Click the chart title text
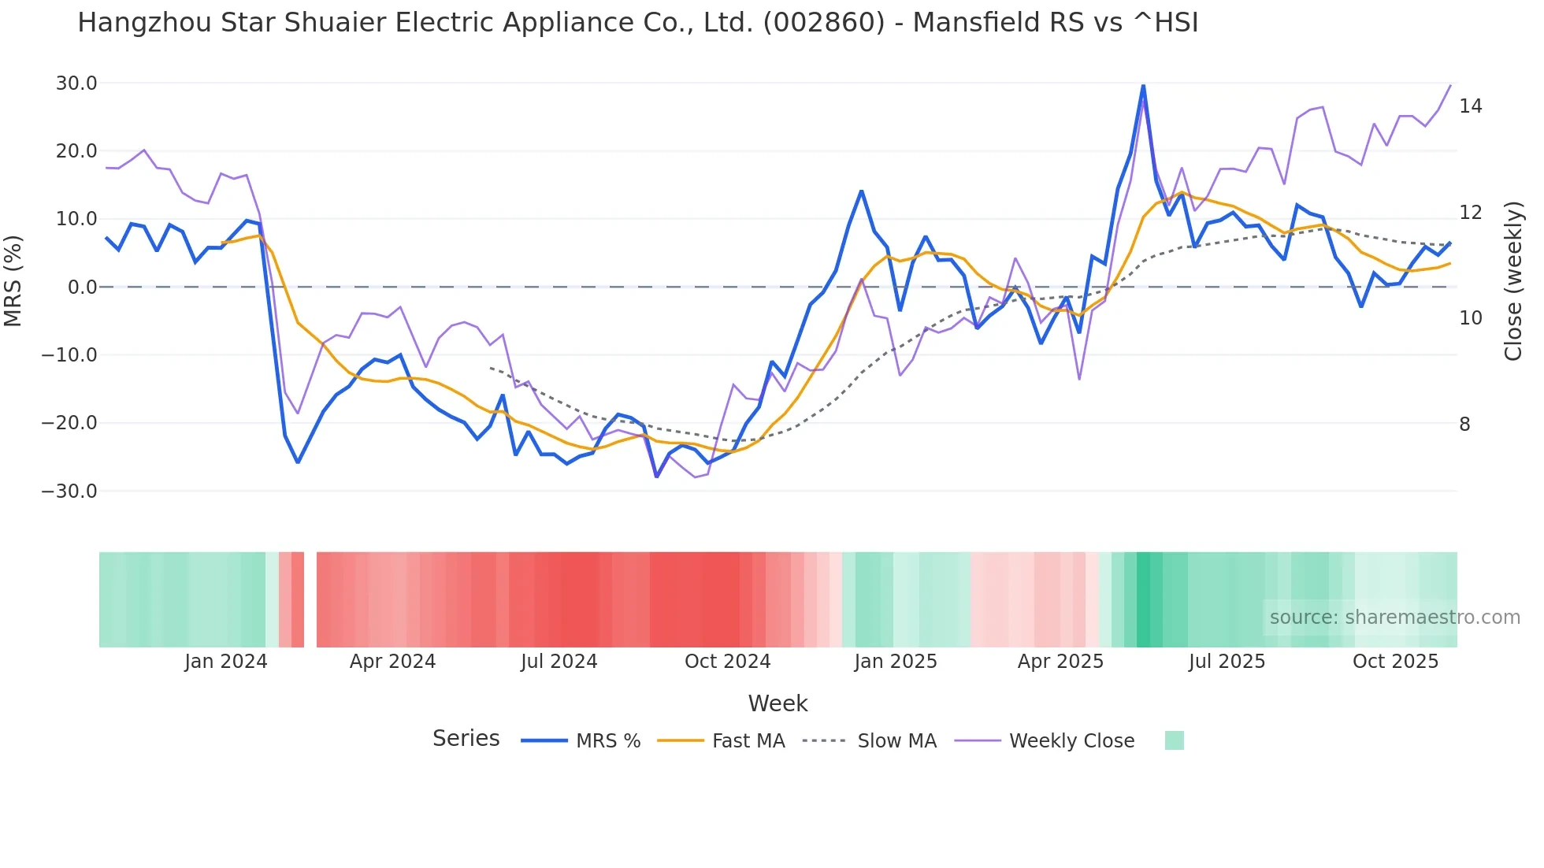click(x=637, y=23)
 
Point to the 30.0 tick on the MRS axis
click(x=76, y=83)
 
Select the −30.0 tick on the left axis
click(x=69, y=491)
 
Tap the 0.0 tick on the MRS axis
click(x=82, y=287)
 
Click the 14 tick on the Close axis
click(x=1470, y=106)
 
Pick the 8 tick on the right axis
click(x=1464, y=425)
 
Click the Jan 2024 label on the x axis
click(x=226, y=662)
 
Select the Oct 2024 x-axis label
click(x=727, y=662)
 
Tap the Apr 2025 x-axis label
click(x=1060, y=662)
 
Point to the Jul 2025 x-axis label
click(x=1227, y=662)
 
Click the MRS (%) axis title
click(x=13, y=281)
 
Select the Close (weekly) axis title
click(x=1512, y=281)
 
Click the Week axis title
click(x=778, y=703)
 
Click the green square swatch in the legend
click(x=1174, y=740)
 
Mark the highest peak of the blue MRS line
click(x=1143, y=85)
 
